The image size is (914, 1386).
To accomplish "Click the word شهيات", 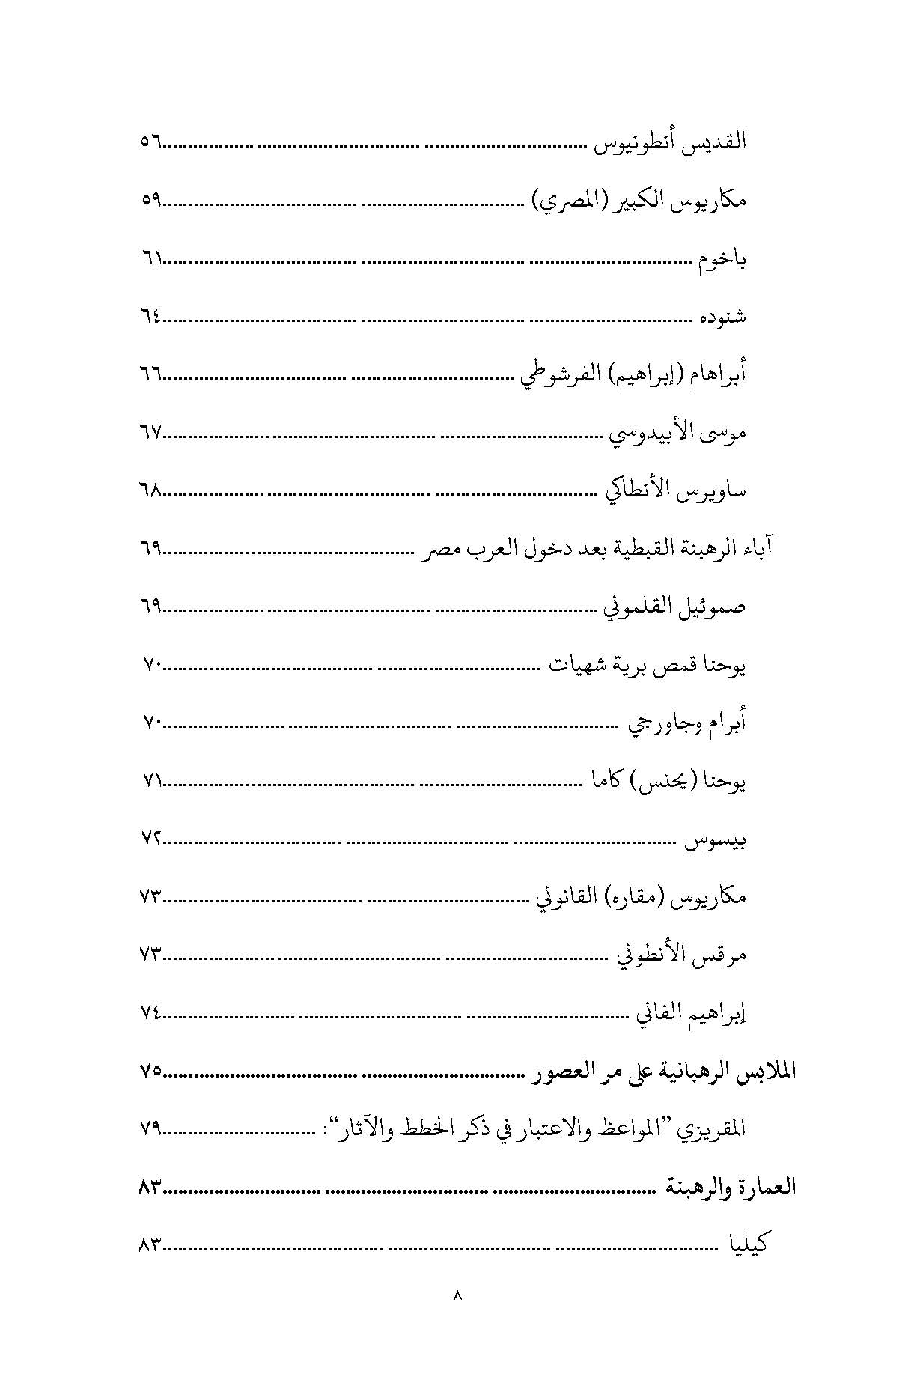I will (573, 665).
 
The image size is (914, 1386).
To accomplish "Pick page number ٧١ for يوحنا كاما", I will (151, 782).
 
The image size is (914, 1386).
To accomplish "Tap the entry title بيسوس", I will (716, 842).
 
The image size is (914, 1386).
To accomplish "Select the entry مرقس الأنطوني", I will (680, 956).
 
